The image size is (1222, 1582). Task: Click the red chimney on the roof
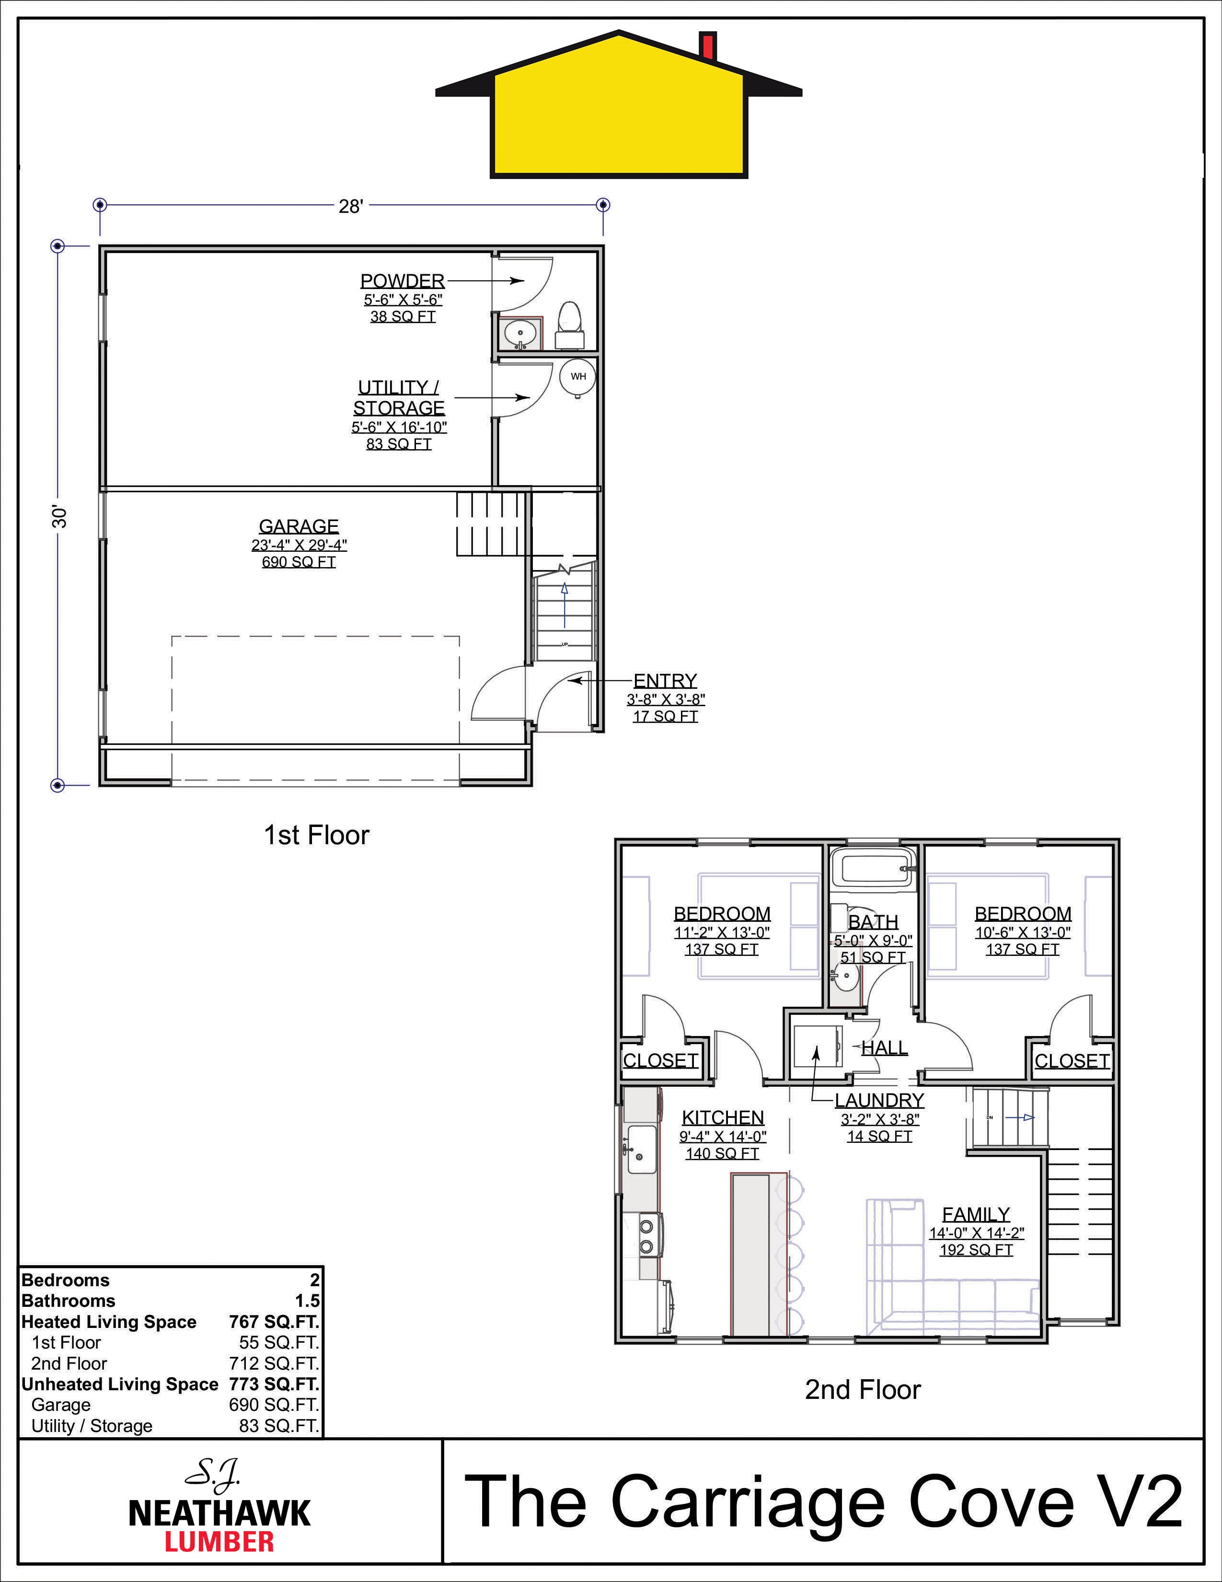click(x=708, y=46)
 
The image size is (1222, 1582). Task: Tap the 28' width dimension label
click(x=350, y=207)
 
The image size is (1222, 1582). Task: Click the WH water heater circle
click(x=578, y=377)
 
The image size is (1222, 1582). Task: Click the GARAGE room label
click(x=299, y=526)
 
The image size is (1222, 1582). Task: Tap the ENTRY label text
click(x=665, y=681)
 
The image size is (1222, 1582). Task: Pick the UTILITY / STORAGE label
click(x=399, y=398)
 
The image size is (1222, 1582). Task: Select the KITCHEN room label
click(x=723, y=1117)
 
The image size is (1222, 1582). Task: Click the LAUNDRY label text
click(x=879, y=1100)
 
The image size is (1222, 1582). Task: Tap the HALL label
click(x=885, y=1047)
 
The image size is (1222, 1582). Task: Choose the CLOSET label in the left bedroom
click(x=661, y=1060)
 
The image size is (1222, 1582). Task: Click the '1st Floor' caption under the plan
click(x=316, y=835)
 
